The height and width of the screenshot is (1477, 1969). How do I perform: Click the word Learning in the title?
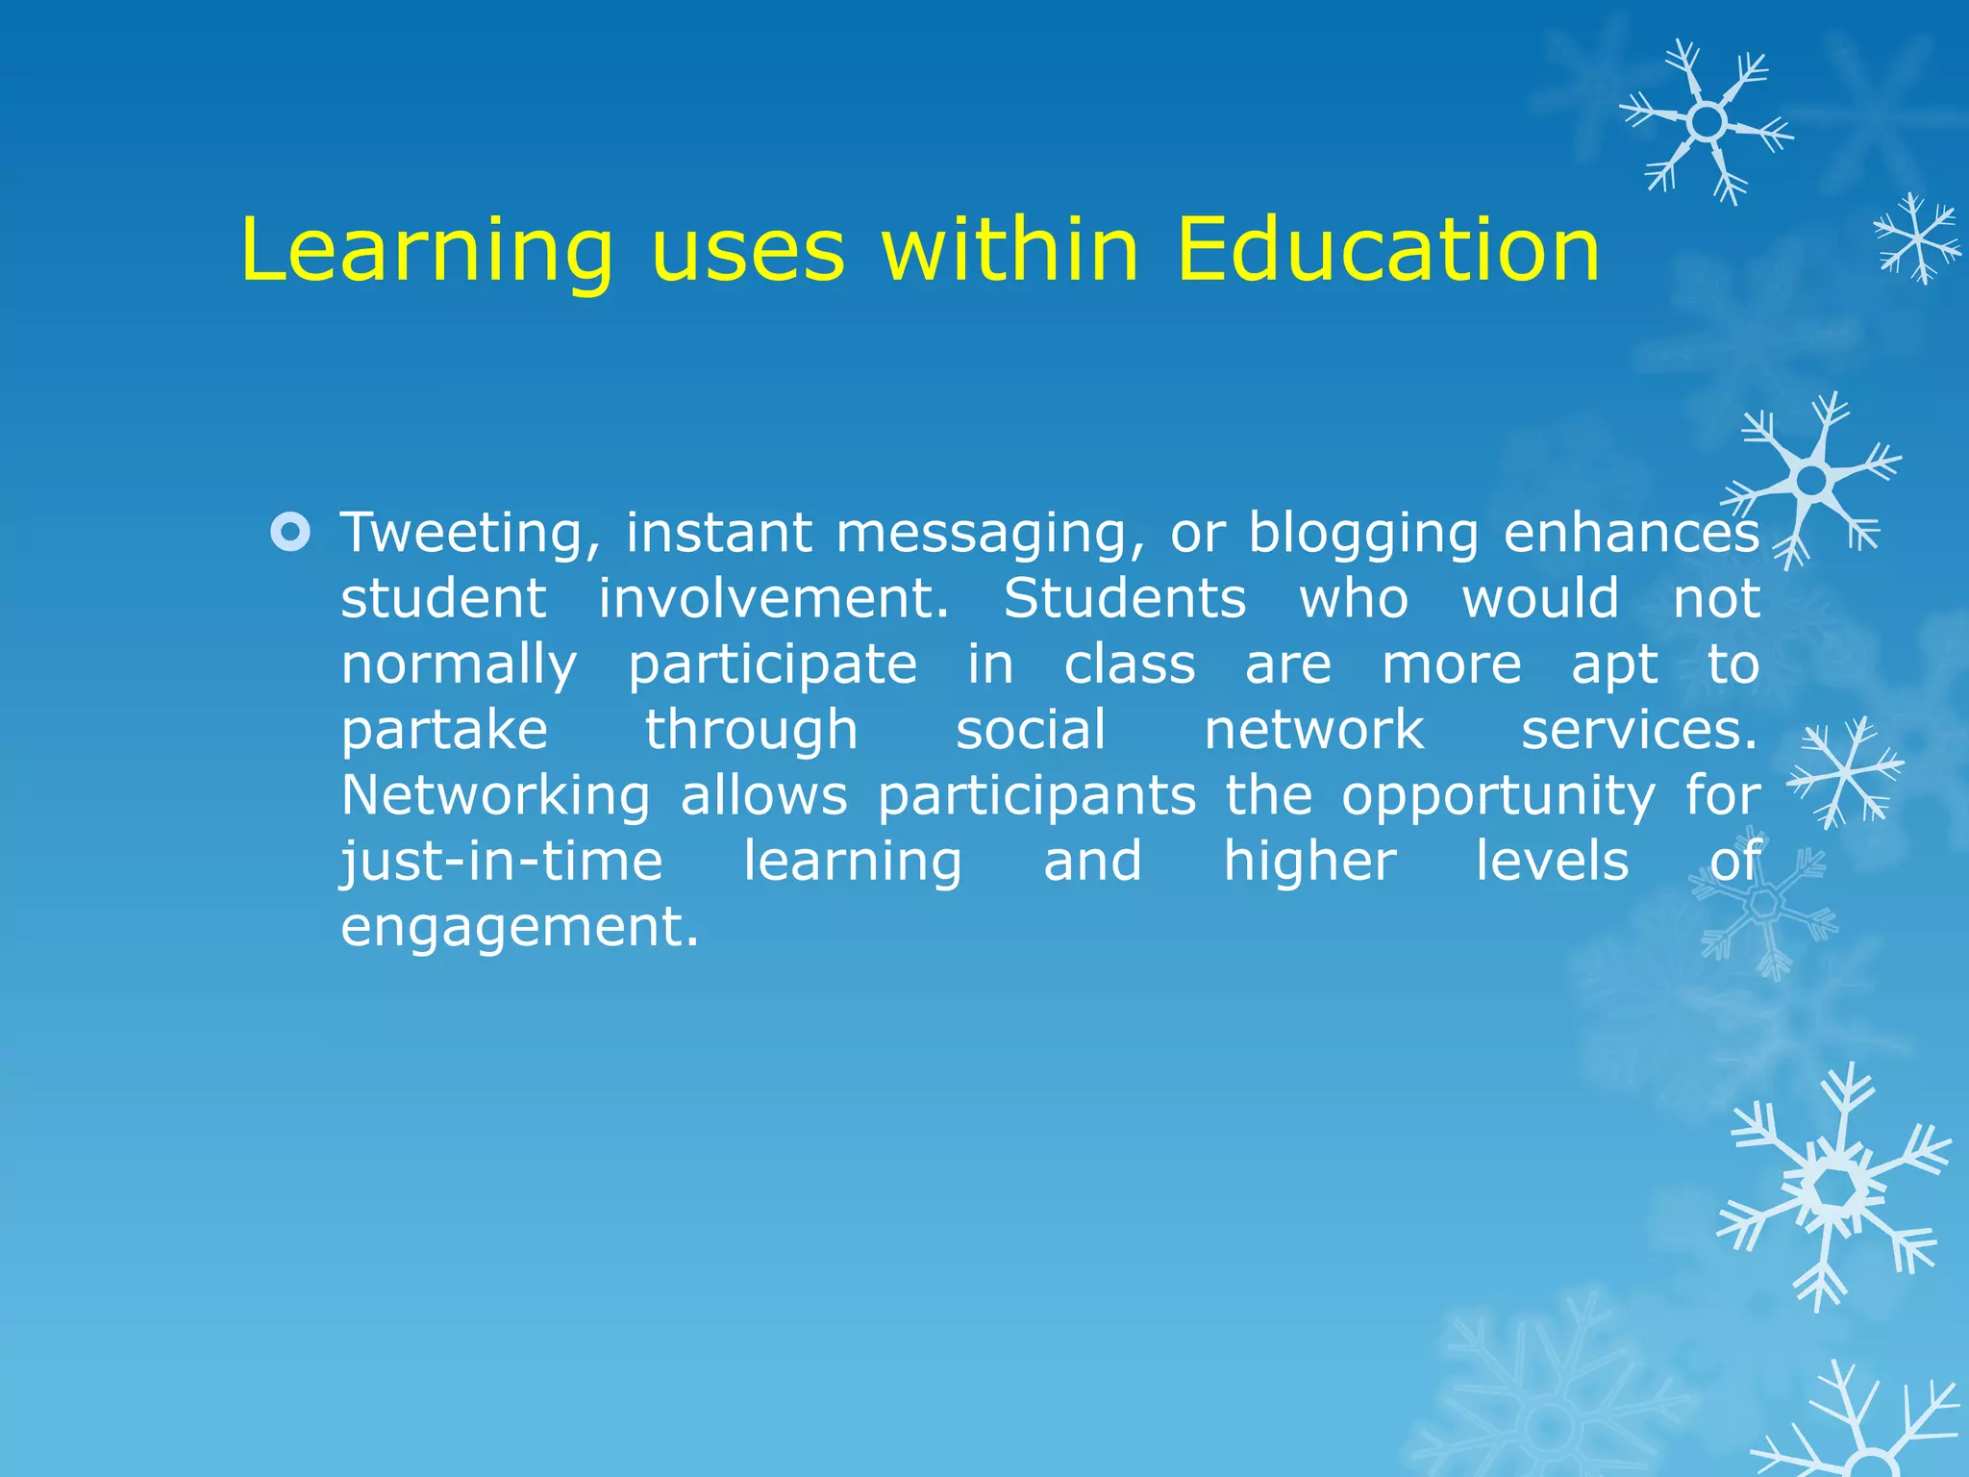click(426, 250)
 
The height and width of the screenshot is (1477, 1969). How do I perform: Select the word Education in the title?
click(1387, 250)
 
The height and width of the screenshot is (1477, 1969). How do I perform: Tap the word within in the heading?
click(1010, 250)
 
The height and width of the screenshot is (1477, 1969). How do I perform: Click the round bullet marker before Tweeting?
click(290, 532)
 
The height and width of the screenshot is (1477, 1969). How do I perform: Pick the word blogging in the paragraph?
click(1363, 534)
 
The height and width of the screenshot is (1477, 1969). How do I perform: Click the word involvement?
click(774, 598)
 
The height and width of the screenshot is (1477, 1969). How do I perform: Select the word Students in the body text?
click(1125, 598)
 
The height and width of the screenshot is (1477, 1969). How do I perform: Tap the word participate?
click(773, 665)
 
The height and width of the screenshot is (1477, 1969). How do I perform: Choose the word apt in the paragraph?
click(1615, 665)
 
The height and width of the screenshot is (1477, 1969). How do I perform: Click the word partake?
click(444, 730)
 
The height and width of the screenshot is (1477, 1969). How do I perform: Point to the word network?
click(1313, 730)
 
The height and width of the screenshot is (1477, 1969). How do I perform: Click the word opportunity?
click(1498, 797)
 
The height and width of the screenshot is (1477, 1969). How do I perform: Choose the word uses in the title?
click(747, 250)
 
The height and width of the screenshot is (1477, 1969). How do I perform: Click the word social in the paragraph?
click(1031, 730)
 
